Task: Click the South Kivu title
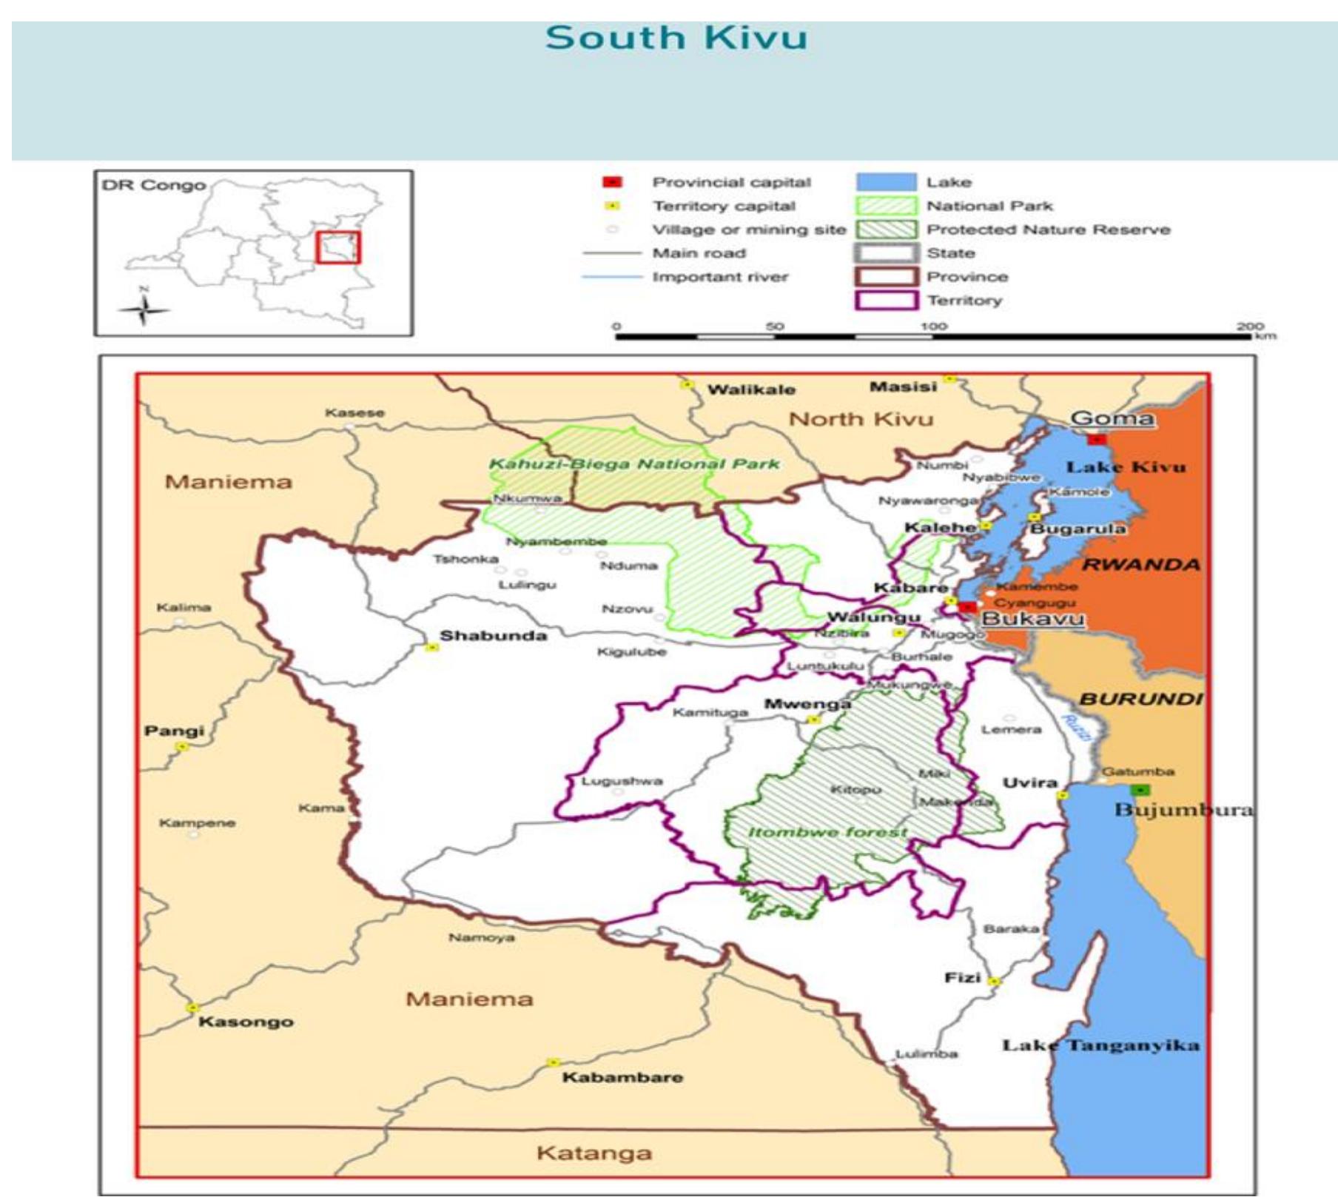[x=676, y=38]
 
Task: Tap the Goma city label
[x=1112, y=419]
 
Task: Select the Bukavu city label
[x=1032, y=619]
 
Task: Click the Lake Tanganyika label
[x=1100, y=1045]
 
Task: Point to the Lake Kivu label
[x=1126, y=467]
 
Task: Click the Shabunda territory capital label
[x=494, y=636]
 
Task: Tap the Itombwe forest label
[x=827, y=832]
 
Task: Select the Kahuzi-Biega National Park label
[x=634, y=464]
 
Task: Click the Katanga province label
[x=594, y=1153]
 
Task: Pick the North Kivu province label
[x=861, y=420]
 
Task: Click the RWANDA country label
[x=1140, y=565]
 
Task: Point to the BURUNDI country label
[x=1140, y=700]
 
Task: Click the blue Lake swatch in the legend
[x=886, y=182]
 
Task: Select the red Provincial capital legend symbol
[x=613, y=182]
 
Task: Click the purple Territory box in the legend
[x=886, y=301]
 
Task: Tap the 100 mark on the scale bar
[x=933, y=326]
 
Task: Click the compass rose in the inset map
[x=144, y=309]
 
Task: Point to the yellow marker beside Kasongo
[x=193, y=1008]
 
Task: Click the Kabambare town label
[x=622, y=1077]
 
